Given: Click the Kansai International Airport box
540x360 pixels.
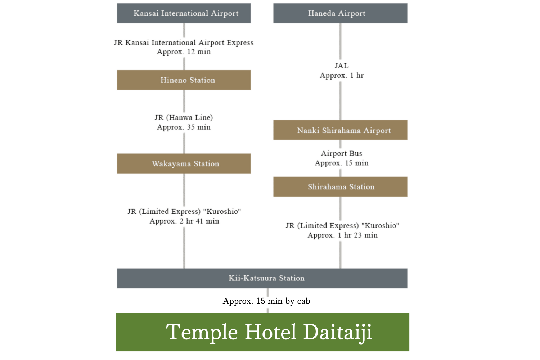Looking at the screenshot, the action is pyautogui.click(x=184, y=13).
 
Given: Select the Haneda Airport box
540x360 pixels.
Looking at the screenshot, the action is pyautogui.click(x=340, y=13).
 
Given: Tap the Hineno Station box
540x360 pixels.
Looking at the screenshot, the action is pyautogui.click(x=184, y=80).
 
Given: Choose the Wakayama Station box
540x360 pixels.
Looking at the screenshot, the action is pyautogui.click(x=184, y=163).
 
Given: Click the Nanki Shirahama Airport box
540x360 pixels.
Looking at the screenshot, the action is pyautogui.click(x=340, y=130).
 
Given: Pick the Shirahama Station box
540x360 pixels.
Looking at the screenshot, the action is pyautogui.click(x=340, y=186).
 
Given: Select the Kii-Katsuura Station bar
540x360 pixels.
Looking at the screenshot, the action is pyautogui.click(x=262, y=278).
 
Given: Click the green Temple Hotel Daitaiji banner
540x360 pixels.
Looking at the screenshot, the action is pyautogui.click(x=262, y=332).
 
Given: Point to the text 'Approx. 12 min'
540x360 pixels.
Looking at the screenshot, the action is pyautogui.click(x=184, y=52).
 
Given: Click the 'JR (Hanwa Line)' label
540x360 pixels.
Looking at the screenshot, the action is pyautogui.click(x=184, y=117).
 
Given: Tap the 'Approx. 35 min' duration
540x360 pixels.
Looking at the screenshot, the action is pyautogui.click(x=184, y=127).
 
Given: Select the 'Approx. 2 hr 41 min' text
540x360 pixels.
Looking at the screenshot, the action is pyautogui.click(x=184, y=221).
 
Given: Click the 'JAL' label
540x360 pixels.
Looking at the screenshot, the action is pyautogui.click(x=342, y=66).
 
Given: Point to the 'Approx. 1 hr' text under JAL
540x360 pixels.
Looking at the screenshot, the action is pyautogui.click(x=342, y=76).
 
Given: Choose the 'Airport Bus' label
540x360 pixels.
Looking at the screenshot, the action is pyautogui.click(x=342, y=153).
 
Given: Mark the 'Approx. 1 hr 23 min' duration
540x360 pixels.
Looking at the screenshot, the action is pyautogui.click(x=342, y=235).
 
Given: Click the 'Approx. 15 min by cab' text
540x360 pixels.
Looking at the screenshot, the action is pyautogui.click(x=266, y=301).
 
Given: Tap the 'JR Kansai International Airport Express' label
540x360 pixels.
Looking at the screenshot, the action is pyautogui.click(x=184, y=43).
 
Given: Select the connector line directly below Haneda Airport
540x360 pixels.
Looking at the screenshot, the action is pyautogui.click(x=341, y=41).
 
